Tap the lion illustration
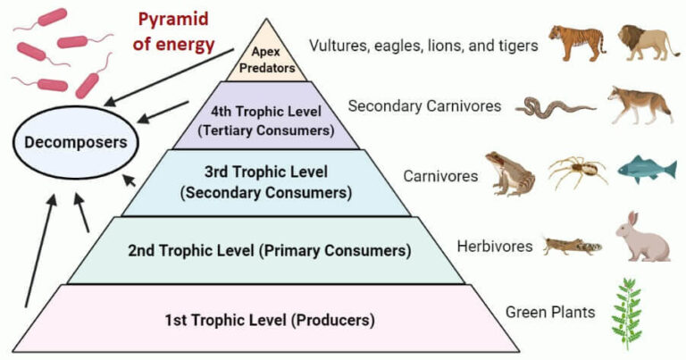(x=650, y=44)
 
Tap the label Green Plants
(x=551, y=312)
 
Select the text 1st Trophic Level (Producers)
(x=268, y=319)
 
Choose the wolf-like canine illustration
(x=636, y=106)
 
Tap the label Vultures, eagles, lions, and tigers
(x=423, y=44)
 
